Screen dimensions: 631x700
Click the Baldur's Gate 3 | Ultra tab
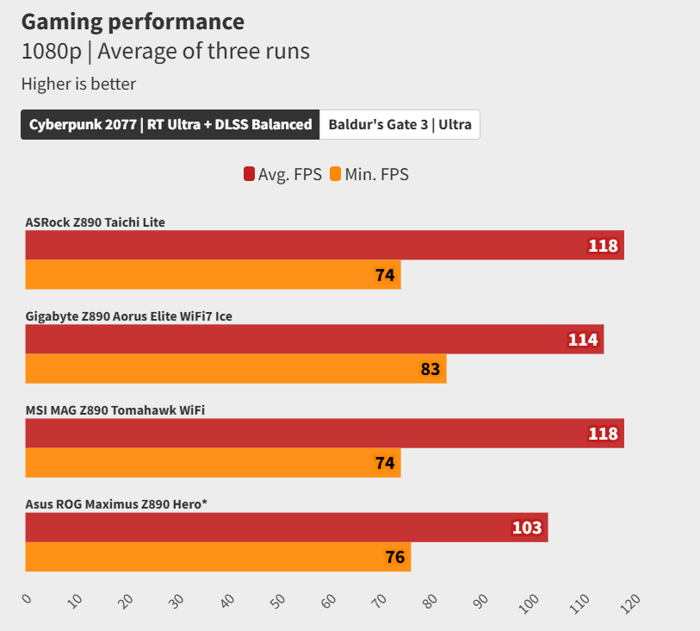[x=400, y=124]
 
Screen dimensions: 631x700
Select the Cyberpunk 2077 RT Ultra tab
[x=170, y=124]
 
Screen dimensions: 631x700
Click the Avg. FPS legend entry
[x=283, y=174]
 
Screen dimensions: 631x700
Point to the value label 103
[x=527, y=528]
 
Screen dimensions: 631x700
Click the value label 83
[x=431, y=369]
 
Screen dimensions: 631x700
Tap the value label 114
[x=583, y=340]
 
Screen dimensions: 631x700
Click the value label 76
[x=395, y=557]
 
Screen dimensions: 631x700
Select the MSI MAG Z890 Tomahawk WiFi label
[x=115, y=409]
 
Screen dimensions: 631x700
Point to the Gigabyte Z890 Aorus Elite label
[x=129, y=316]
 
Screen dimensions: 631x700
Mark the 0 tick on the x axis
[x=27, y=598]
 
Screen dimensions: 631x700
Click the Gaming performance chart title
[x=133, y=22]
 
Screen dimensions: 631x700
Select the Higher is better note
[x=78, y=84]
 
